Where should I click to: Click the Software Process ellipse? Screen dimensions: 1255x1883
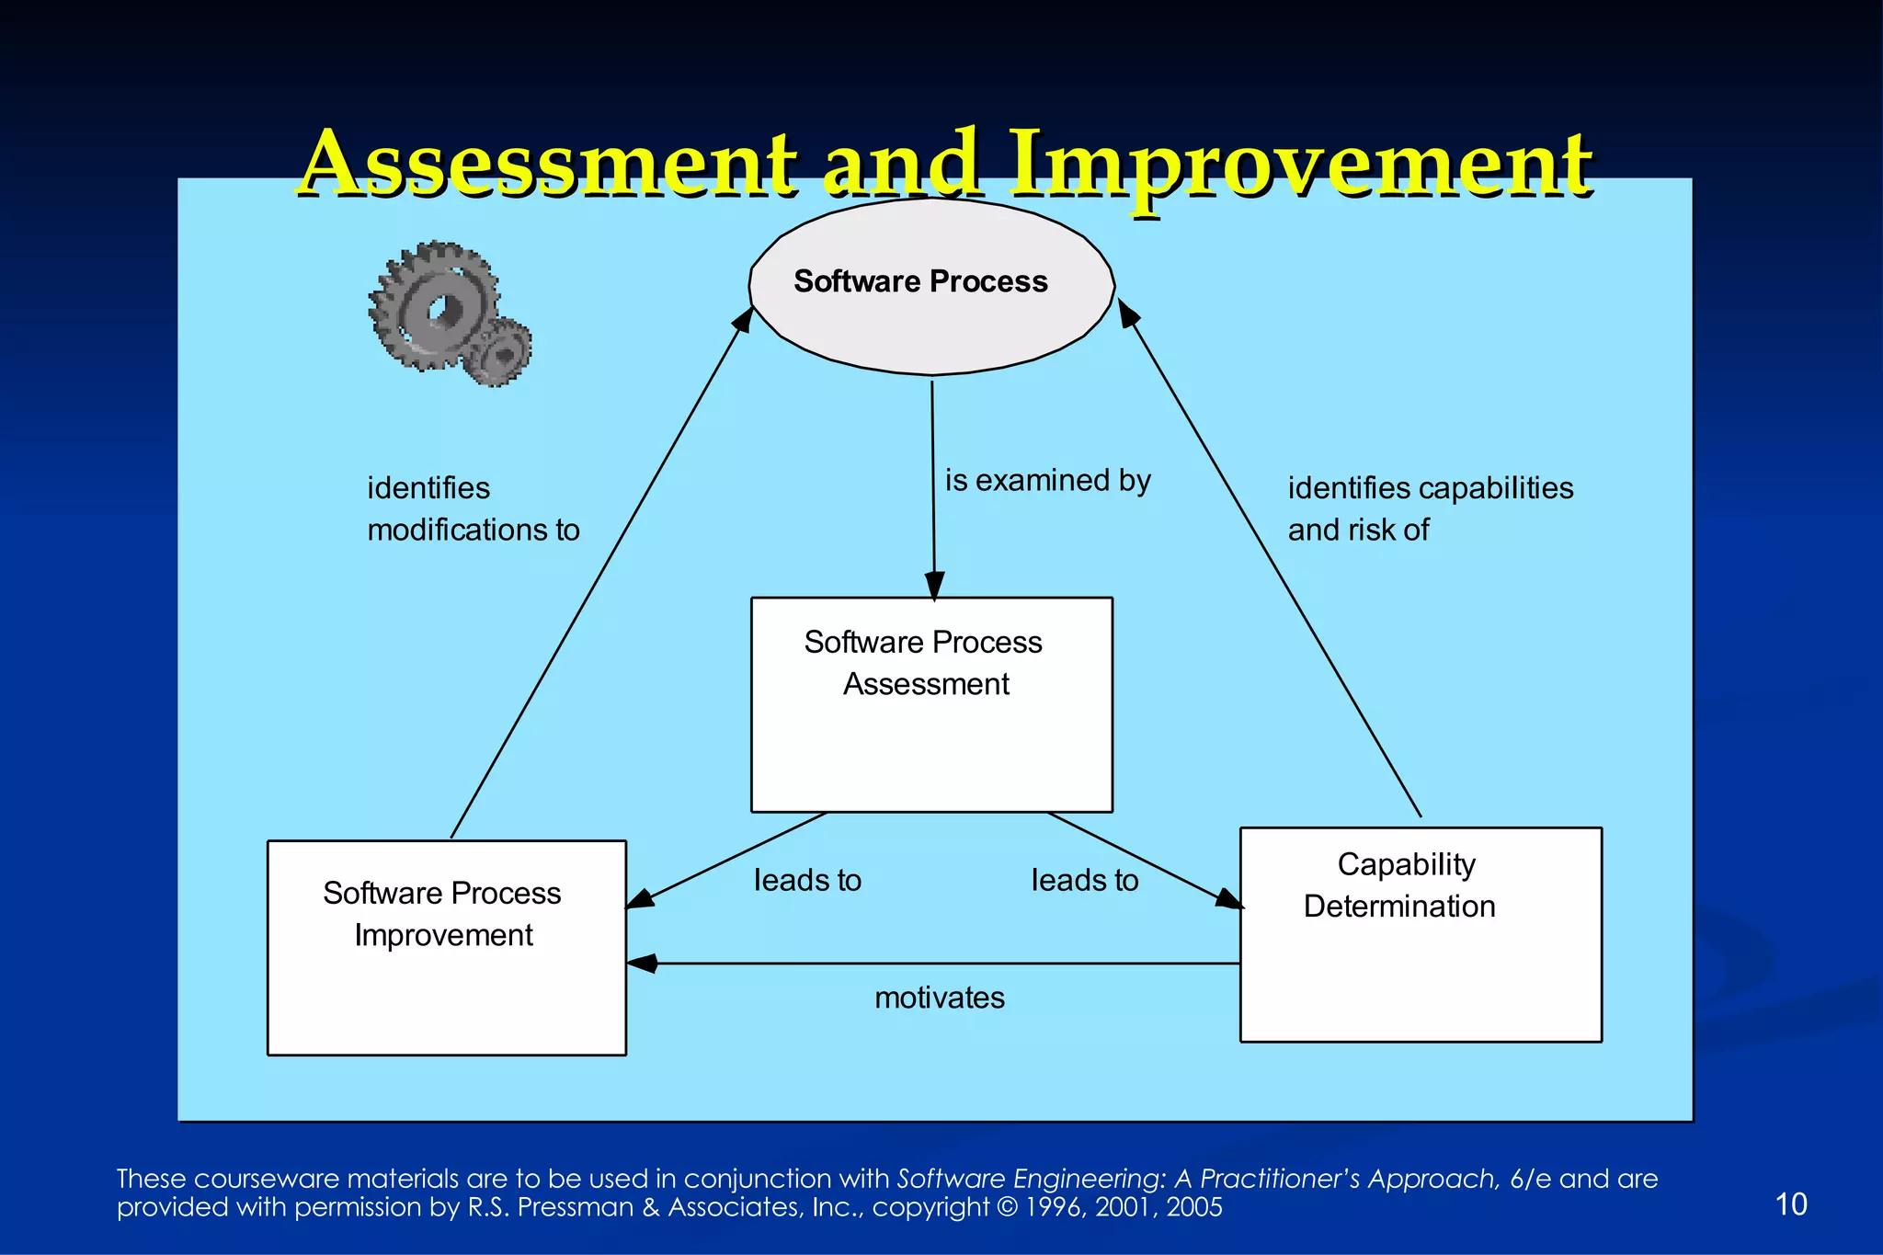pos(931,286)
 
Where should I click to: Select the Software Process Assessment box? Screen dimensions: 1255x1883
pos(931,705)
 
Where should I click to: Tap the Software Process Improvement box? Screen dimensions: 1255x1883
pos(447,948)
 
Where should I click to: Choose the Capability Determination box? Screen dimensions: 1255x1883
pos(1421,935)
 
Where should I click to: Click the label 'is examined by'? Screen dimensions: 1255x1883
pos(1047,480)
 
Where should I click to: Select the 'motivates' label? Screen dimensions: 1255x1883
pos(939,998)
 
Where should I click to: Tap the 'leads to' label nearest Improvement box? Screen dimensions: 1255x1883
pos(807,880)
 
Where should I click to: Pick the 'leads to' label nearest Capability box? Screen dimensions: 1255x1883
pos(1084,880)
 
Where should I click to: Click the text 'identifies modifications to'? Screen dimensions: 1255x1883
pos(473,508)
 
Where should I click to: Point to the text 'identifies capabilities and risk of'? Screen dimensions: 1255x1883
pos(1430,508)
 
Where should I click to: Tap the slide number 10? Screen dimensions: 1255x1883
pos(1790,1204)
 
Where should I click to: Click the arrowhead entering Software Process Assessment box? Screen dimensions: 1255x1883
pos(934,587)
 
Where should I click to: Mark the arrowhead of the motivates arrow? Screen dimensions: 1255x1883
pos(642,964)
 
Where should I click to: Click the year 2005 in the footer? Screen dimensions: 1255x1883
pos(1194,1207)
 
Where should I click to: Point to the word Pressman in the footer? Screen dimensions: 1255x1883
pos(576,1207)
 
